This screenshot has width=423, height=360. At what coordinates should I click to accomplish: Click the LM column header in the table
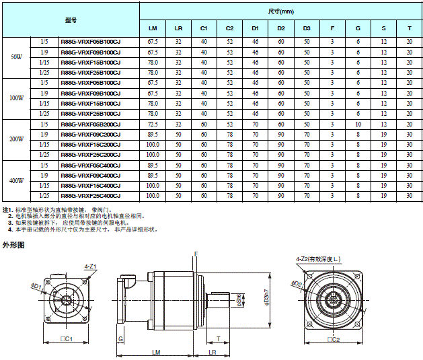(153, 28)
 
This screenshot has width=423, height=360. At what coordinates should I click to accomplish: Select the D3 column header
(307, 28)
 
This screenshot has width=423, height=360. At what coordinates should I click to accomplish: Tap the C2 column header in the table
(229, 28)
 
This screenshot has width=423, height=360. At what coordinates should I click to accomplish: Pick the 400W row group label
(17, 180)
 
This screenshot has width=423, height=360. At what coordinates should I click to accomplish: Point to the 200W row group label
(17, 139)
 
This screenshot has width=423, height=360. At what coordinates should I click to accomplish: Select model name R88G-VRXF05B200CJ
(90, 124)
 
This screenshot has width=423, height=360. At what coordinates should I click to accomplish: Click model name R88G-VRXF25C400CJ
(90, 195)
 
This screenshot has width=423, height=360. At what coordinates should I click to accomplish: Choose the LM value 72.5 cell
(153, 124)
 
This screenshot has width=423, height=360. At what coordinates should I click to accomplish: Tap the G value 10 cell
(358, 124)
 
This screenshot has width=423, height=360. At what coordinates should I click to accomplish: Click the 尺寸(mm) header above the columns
(280, 11)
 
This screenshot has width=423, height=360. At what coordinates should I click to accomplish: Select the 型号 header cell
(71, 20)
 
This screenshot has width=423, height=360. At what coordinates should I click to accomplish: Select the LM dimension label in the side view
(155, 352)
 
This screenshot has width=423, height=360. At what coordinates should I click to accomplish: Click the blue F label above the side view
(196, 254)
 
